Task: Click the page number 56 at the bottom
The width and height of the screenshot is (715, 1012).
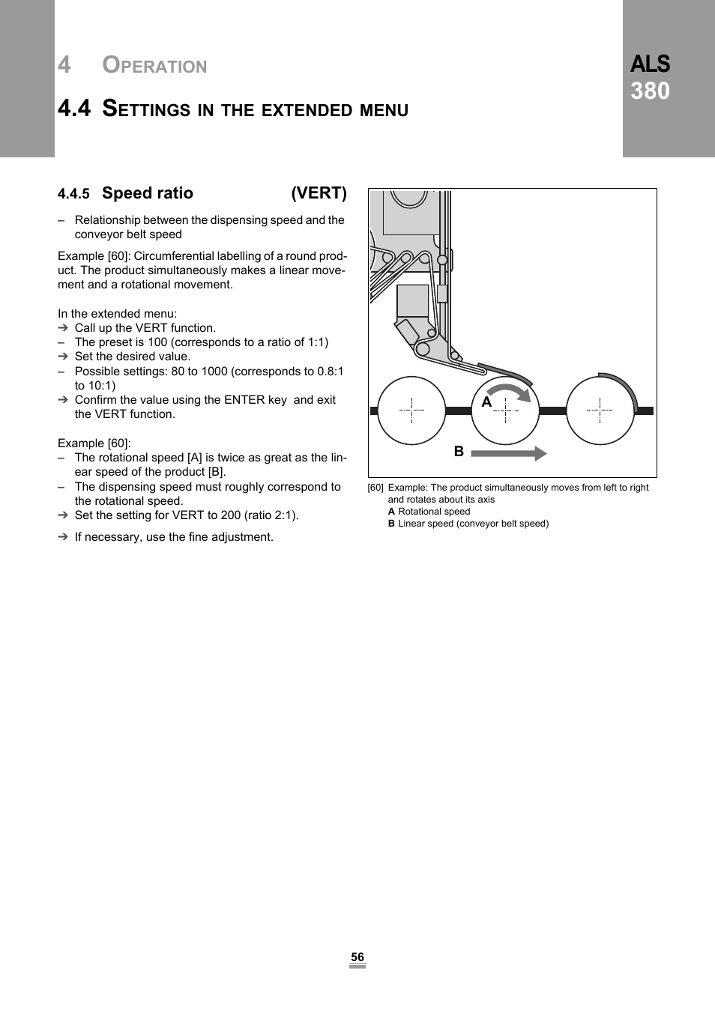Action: (x=357, y=957)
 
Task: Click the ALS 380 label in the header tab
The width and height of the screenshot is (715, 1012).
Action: (x=650, y=78)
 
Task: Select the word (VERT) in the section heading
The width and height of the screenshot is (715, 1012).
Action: (x=319, y=193)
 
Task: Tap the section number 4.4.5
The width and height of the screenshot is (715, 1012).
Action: (x=73, y=195)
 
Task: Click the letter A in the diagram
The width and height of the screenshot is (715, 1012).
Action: (x=486, y=402)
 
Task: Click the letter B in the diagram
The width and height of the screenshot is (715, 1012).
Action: (x=459, y=451)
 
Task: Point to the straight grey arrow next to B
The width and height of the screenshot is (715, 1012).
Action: (x=508, y=453)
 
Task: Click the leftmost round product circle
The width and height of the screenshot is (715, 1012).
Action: (x=411, y=410)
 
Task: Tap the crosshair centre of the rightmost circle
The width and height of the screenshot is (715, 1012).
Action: (x=600, y=410)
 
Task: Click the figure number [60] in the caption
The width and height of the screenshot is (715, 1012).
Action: (x=375, y=488)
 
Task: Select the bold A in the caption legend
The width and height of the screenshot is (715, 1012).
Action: (x=391, y=512)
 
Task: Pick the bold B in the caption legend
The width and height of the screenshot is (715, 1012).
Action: (x=391, y=524)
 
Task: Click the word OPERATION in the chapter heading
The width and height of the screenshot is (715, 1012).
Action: (x=154, y=66)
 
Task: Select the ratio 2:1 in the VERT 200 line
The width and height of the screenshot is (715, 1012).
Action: (x=283, y=515)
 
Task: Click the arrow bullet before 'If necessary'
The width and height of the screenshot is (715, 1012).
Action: (x=63, y=537)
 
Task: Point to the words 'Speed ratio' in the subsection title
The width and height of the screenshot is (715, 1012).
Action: (x=148, y=193)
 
